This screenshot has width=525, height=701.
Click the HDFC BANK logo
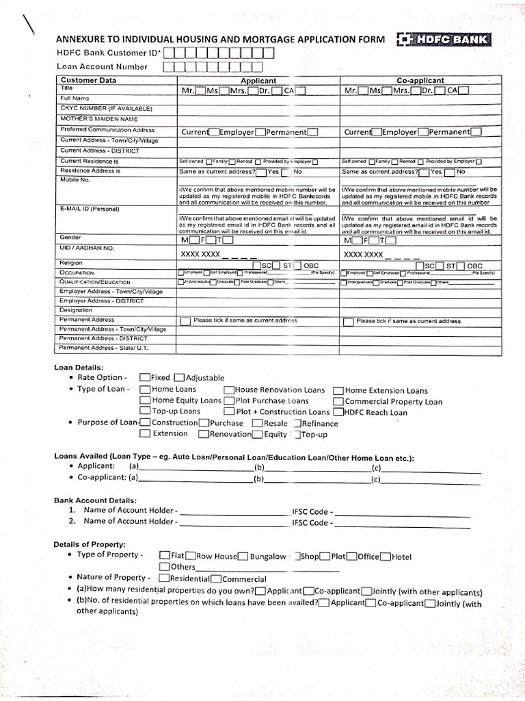(x=442, y=40)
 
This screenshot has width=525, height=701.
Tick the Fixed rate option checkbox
(x=144, y=377)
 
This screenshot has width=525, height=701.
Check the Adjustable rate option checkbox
(x=179, y=377)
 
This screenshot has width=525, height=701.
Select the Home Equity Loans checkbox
(x=144, y=400)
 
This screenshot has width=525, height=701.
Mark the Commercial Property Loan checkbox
(x=338, y=401)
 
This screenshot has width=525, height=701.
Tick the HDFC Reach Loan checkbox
(x=338, y=412)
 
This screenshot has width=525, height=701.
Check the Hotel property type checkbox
(x=386, y=557)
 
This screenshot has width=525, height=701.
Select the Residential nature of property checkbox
(x=164, y=578)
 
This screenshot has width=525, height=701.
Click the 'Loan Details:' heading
(x=79, y=367)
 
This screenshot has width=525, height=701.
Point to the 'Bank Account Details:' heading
(x=95, y=500)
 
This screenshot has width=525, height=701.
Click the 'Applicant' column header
(x=258, y=80)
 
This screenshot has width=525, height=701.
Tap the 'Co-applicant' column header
(x=420, y=80)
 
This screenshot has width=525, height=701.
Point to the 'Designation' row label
(x=76, y=309)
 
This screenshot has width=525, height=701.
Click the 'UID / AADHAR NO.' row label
(x=87, y=248)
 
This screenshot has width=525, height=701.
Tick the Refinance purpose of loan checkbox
(x=297, y=423)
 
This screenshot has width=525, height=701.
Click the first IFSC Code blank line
(x=402, y=513)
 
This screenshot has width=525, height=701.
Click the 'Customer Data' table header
(x=89, y=80)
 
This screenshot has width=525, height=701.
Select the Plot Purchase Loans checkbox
(x=229, y=400)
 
